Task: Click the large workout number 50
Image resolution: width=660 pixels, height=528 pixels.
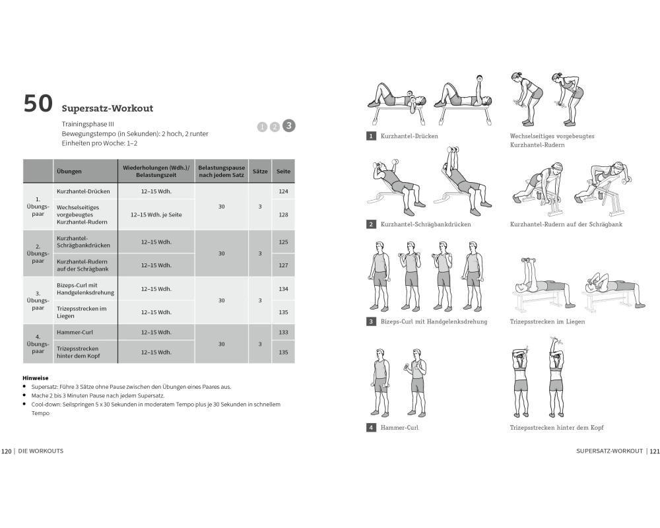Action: pos(38,104)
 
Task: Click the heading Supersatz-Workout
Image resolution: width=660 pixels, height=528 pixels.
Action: pos(108,108)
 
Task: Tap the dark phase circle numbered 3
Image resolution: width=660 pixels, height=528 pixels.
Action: pos(289,125)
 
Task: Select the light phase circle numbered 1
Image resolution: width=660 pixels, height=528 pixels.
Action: pos(262,127)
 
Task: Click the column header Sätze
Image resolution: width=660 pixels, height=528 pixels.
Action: pos(260,172)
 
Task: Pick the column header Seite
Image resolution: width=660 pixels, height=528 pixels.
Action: pos(283,172)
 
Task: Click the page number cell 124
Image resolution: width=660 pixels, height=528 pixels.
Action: pos(283,191)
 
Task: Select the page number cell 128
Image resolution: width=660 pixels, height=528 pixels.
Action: pos(283,214)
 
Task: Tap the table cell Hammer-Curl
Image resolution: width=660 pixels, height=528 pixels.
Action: pos(75,332)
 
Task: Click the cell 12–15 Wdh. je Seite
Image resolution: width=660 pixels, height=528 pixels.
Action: pos(156,214)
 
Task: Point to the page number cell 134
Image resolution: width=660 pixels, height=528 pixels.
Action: pos(283,289)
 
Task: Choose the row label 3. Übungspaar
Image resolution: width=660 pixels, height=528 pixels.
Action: pos(38,301)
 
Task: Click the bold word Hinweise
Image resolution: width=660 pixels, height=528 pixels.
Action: pos(36,378)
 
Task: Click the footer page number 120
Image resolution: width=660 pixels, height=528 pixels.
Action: pos(7,451)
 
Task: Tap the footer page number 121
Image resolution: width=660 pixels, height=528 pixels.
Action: pos(655,451)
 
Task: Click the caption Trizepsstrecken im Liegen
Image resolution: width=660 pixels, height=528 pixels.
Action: pos(547,321)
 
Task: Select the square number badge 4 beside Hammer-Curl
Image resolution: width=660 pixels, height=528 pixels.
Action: pos(371,428)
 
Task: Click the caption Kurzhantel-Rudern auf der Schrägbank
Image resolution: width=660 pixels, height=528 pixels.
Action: pos(566,224)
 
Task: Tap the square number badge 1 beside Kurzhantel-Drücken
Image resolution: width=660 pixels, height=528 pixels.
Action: pos(371,136)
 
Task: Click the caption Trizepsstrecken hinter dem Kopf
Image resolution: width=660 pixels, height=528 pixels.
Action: pos(557,428)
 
